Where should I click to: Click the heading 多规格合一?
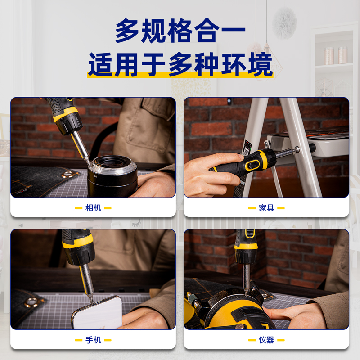tap(180, 31)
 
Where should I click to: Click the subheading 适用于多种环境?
tap(180, 64)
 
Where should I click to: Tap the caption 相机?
tap(93, 208)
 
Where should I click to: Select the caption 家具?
tap(266, 208)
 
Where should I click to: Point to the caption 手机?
tap(93, 340)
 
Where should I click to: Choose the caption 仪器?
tap(266, 340)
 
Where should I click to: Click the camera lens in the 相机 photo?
tap(112, 175)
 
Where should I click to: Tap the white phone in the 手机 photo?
tap(98, 313)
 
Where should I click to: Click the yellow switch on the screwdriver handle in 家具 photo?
tap(252, 165)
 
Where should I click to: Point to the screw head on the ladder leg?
tap(297, 149)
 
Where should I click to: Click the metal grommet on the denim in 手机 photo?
tap(32, 302)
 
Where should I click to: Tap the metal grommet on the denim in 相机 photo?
tap(68, 174)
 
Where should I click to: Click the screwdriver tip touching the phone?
tap(91, 300)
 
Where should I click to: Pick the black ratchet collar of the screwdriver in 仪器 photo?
tap(246, 256)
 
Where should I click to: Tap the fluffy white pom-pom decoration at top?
tap(284, 23)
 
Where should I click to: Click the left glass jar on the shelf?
tap(329, 56)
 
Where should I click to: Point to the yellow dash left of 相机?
tap(78, 208)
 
